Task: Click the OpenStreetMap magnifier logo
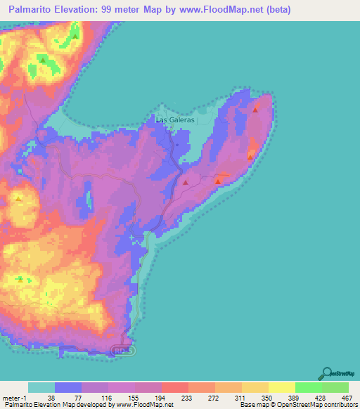pos(327,373)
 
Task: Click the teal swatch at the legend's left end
pos(41,388)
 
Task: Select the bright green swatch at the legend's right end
pos(335,388)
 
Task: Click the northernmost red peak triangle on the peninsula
pos(255,110)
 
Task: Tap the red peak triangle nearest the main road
pos(186,183)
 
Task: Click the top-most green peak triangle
pos(75,37)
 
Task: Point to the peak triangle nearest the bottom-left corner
pos(20,279)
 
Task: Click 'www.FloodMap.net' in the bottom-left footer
pos(144,405)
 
